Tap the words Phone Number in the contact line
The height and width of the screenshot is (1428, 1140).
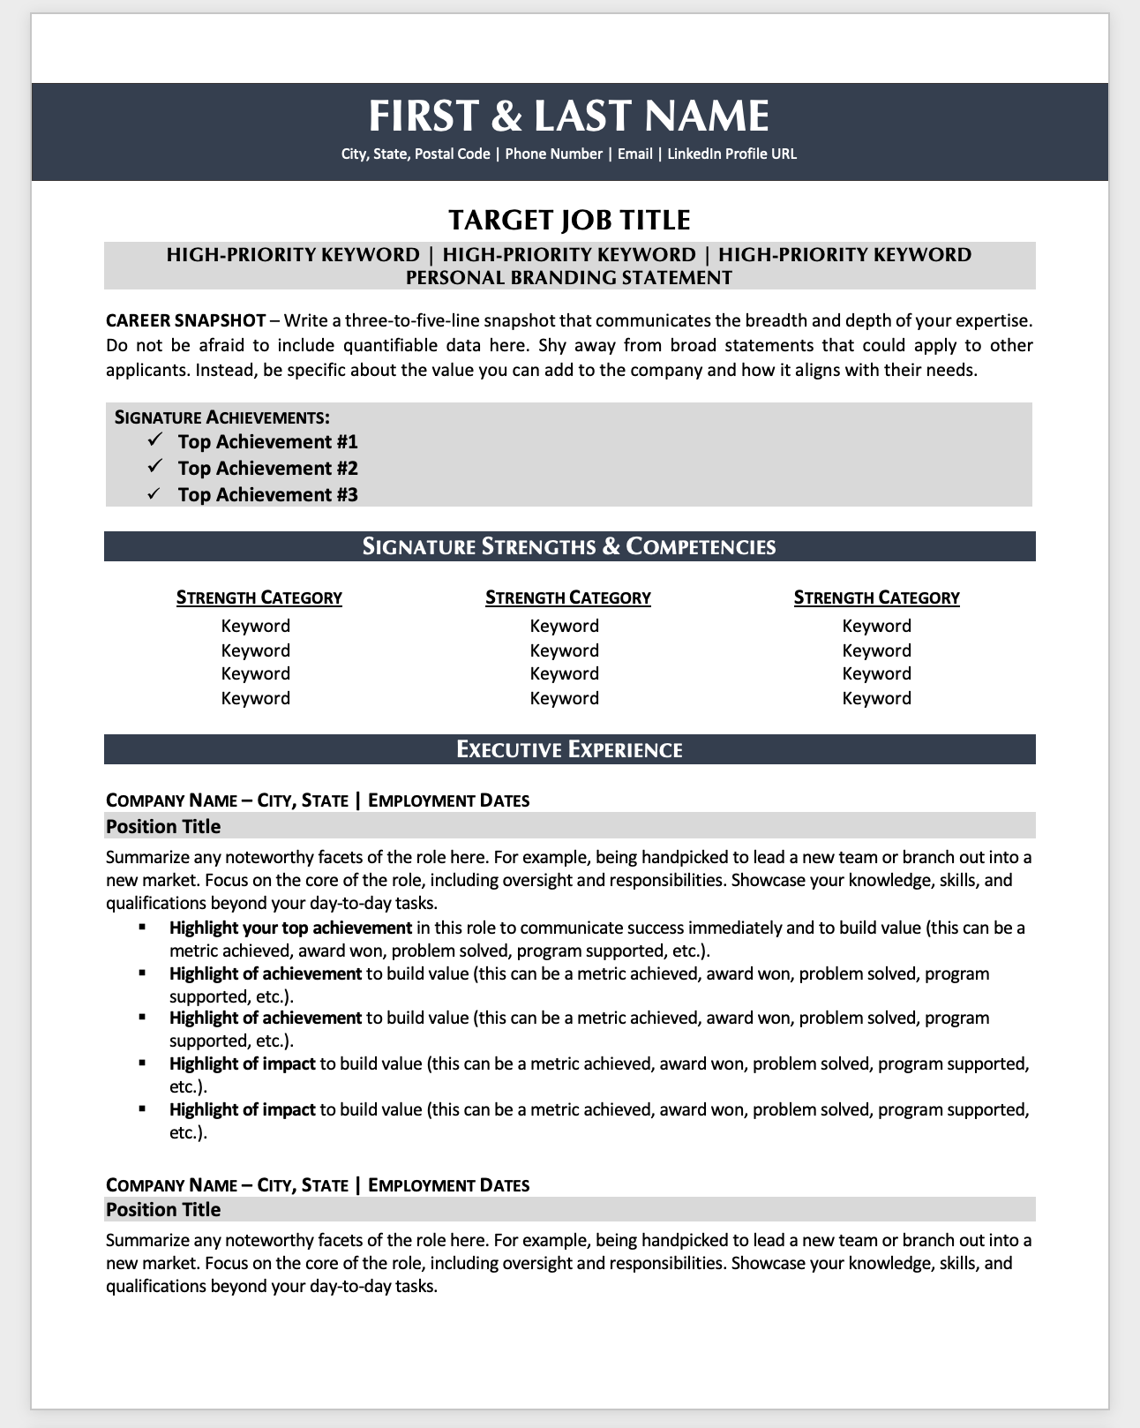(553, 154)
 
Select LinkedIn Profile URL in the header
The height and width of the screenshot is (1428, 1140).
(731, 154)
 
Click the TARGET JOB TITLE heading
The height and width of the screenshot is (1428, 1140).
(569, 220)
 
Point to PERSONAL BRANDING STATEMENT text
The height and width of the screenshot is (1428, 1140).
(569, 278)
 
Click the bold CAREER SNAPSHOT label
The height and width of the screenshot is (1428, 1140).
(185, 319)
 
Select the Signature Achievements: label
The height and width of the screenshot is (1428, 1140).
(222, 417)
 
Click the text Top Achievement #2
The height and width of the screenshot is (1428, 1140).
(267, 469)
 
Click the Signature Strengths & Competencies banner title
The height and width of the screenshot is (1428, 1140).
(569, 547)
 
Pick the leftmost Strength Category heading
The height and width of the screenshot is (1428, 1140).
(259, 598)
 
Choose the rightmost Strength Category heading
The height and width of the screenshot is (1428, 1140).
(876, 598)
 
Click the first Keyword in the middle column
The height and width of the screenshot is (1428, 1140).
(564, 627)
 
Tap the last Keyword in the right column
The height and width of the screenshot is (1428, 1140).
(876, 699)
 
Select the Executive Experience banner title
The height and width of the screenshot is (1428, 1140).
(569, 750)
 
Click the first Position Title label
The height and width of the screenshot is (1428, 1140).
(163, 827)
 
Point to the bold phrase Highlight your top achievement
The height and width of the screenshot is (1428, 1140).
(290, 928)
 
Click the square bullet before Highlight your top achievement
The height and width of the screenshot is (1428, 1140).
(142, 927)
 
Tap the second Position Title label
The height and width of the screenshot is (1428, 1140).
(163, 1210)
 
